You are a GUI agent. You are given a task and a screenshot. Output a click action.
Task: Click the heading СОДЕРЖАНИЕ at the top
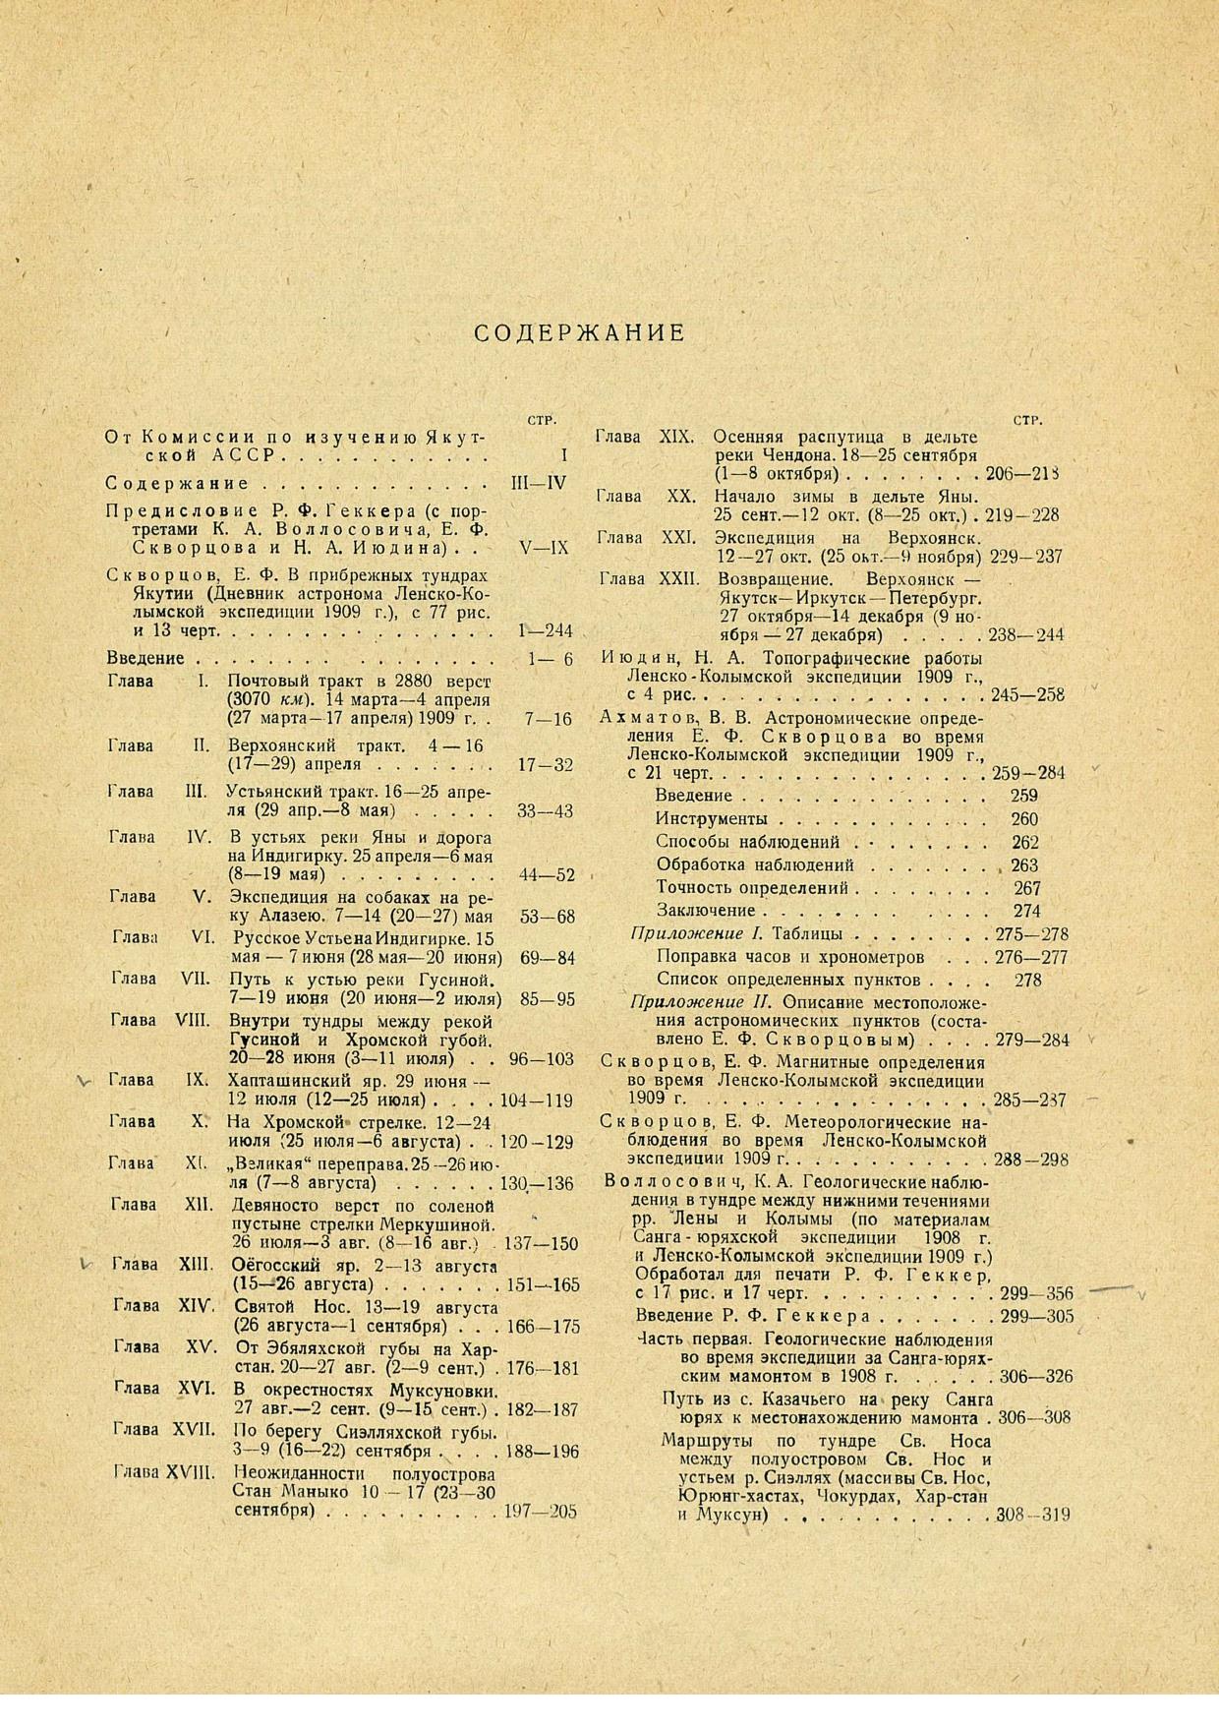[x=579, y=333]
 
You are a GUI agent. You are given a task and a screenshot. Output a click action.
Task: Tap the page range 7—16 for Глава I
[x=548, y=720]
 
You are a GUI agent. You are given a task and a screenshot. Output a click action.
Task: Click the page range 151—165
[x=540, y=1285]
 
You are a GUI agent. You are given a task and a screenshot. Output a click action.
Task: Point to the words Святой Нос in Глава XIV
[x=279, y=1307]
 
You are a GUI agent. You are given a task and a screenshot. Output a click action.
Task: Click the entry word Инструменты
[x=711, y=819]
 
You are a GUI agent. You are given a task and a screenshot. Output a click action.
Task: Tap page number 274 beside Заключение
[x=1025, y=911]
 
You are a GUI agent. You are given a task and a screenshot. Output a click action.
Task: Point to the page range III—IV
[x=540, y=484]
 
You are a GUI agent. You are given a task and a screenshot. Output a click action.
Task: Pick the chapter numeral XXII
[x=679, y=579]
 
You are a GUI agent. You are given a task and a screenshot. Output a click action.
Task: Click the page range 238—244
[x=1027, y=635]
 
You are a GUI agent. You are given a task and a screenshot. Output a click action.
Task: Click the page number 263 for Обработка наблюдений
[x=1025, y=865]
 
